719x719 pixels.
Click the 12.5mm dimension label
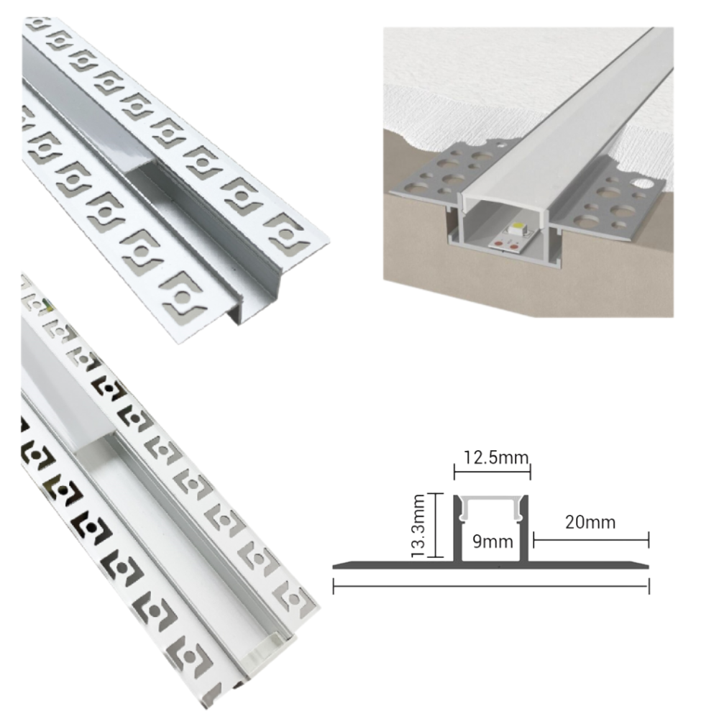(x=492, y=457)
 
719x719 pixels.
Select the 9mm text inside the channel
(x=493, y=541)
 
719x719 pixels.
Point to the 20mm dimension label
(x=590, y=523)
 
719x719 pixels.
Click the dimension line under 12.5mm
(x=492, y=472)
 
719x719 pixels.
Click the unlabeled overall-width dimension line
(x=492, y=585)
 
